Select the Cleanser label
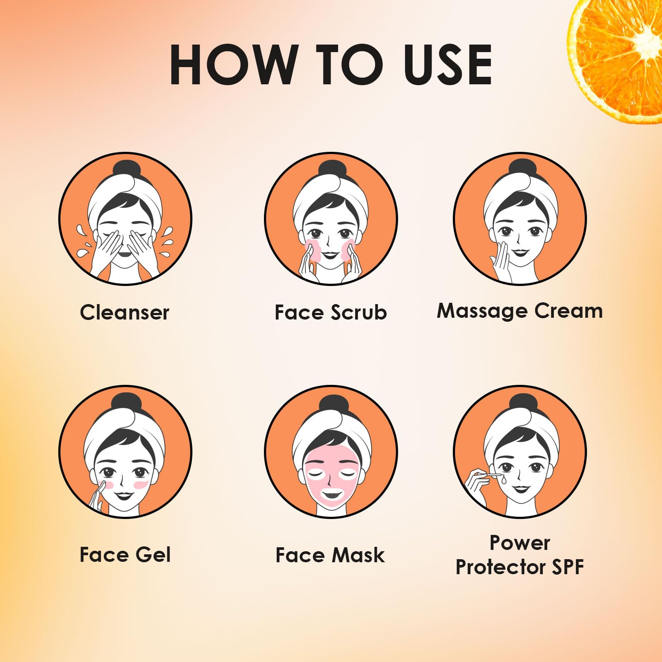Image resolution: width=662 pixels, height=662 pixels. [124, 312]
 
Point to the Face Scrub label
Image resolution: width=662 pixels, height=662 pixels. [331, 312]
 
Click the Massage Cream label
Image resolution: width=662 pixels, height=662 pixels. [519, 311]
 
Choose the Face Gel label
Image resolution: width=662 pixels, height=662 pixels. [125, 555]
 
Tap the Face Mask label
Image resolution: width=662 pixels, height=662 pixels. [330, 555]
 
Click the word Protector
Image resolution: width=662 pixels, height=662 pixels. [500, 567]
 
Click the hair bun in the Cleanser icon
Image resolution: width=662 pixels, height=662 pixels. [126, 170]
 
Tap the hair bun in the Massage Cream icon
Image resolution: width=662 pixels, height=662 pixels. [522, 169]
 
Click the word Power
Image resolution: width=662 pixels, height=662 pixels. [520, 543]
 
